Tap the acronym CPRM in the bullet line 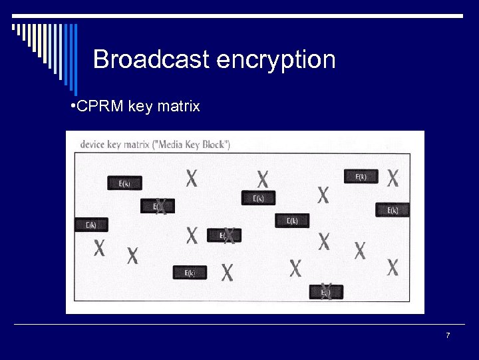[99, 107]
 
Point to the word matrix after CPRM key [178, 107]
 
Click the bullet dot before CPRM [73, 107]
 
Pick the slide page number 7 [448, 335]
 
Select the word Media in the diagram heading [171, 144]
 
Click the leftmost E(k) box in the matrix [90, 225]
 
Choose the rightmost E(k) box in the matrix [392, 210]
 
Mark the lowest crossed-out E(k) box [326, 292]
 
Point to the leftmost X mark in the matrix [99, 248]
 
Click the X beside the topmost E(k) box [393, 177]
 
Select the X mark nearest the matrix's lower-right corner [393, 267]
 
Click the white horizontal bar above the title [239, 15]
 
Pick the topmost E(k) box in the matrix [361, 177]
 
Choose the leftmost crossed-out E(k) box [158, 207]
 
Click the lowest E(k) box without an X [190, 273]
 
